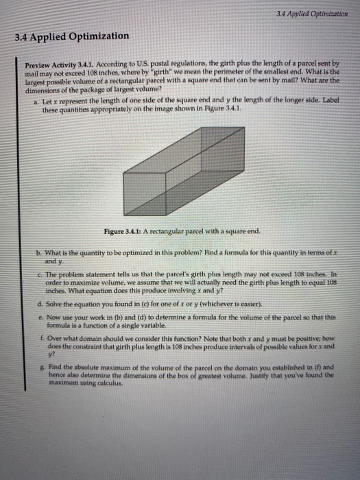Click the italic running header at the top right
pos(316,12)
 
